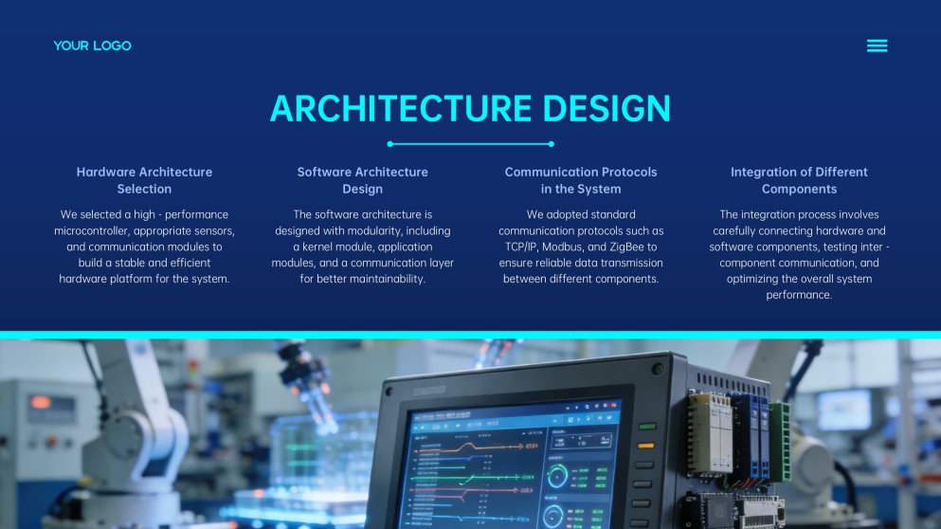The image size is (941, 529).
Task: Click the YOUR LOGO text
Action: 92,46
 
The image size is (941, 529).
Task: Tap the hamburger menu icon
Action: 877,46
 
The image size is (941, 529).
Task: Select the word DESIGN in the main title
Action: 606,108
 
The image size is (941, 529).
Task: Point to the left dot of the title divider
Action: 389,144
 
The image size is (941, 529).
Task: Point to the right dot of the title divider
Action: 552,144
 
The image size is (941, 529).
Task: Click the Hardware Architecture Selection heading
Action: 144,180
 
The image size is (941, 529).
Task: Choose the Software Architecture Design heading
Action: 363,180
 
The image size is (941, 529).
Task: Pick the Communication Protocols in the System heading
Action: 581,180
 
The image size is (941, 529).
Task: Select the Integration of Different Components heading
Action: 799,180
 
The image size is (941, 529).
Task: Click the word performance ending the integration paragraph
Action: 799,295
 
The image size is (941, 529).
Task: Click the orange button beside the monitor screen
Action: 646,445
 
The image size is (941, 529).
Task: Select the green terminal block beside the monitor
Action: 779,441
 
